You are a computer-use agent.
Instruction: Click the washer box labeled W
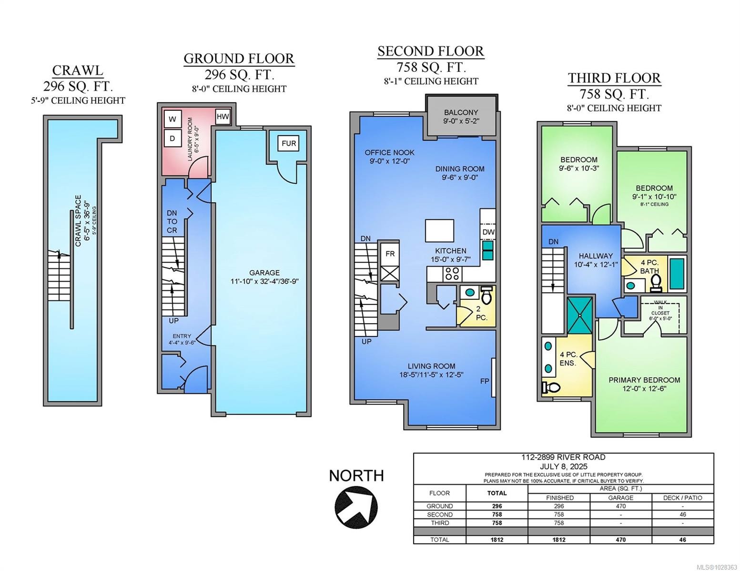(x=172, y=119)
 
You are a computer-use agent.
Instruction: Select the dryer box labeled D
(x=172, y=138)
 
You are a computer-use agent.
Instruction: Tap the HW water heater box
(x=223, y=117)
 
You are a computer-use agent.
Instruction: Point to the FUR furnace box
(x=289, y=143)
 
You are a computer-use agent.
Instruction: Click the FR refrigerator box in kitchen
(x=390, y=254)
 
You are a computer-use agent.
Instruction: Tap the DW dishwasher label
(x=488, y=232)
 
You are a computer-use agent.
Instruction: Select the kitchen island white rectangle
(x=439, y=231)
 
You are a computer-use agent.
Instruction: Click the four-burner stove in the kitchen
(x=452, y=274)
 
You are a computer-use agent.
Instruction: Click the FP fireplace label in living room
(x=485, y=381)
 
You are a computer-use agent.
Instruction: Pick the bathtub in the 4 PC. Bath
(x=677, y=271)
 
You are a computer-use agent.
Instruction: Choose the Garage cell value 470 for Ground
(x=620, y=506)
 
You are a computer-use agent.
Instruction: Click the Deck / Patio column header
(x=682, y=498)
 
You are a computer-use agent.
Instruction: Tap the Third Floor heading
(x=614, y=78)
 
